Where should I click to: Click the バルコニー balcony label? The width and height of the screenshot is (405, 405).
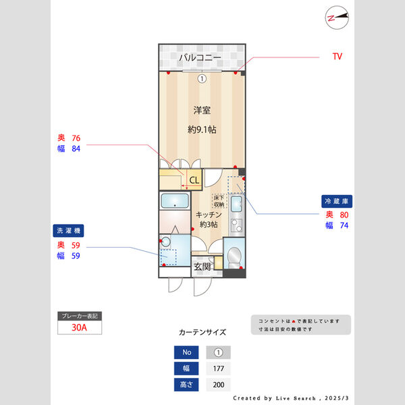tap(200, 58)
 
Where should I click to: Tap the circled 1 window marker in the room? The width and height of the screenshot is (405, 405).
tap(201, 79)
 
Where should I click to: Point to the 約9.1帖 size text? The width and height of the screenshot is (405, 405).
tap(202, 129)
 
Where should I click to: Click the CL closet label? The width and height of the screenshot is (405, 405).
tap(194, 180)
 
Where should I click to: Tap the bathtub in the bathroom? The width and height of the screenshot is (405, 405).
tap(175, 201)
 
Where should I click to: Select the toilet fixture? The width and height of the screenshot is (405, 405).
tap(233, 256)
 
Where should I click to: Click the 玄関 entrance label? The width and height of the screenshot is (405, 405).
tap(202, 267)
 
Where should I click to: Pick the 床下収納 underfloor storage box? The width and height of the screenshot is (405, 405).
tap(219, 200)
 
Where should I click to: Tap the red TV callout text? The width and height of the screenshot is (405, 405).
tap(337, 57)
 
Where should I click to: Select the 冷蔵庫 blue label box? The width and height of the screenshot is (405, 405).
tap(337, 201)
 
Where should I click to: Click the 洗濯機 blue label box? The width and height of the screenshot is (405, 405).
tap(68, 231)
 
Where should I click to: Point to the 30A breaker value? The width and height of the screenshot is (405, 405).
tap(80, 328)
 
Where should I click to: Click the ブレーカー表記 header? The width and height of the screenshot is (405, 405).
tap(80, 316)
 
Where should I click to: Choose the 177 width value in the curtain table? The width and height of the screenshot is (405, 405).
tap(218, 369)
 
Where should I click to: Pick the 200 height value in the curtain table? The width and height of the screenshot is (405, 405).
tap(218, 385)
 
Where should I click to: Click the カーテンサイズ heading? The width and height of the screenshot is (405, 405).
tap(202, 333)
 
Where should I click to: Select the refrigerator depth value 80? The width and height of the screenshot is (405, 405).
tap(345, 215)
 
